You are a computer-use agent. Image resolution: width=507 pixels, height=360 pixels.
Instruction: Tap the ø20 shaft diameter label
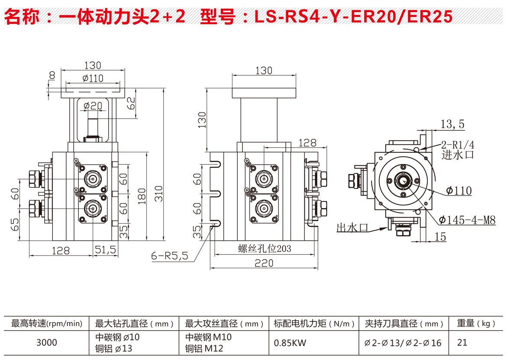point(92,106)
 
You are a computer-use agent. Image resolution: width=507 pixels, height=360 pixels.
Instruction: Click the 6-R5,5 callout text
point(169,256)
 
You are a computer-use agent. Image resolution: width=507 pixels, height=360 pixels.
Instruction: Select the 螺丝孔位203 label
point(264,249)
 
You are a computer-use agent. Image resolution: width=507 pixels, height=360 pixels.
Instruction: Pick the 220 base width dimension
point(264,263)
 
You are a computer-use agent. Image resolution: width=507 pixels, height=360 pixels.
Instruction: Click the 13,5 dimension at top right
point(452,125)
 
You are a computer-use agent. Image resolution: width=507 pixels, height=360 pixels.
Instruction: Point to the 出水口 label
point(352,228)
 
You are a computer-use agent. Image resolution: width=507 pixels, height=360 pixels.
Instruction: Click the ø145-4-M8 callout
point(467,220)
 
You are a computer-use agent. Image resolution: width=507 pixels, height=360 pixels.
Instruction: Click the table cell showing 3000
point(46,343)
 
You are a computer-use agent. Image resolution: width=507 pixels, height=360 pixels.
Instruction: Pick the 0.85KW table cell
point(290,343)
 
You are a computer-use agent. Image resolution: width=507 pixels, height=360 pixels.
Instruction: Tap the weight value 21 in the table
point(462,343)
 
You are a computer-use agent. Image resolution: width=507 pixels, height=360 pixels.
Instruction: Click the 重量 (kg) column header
point(476,323)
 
